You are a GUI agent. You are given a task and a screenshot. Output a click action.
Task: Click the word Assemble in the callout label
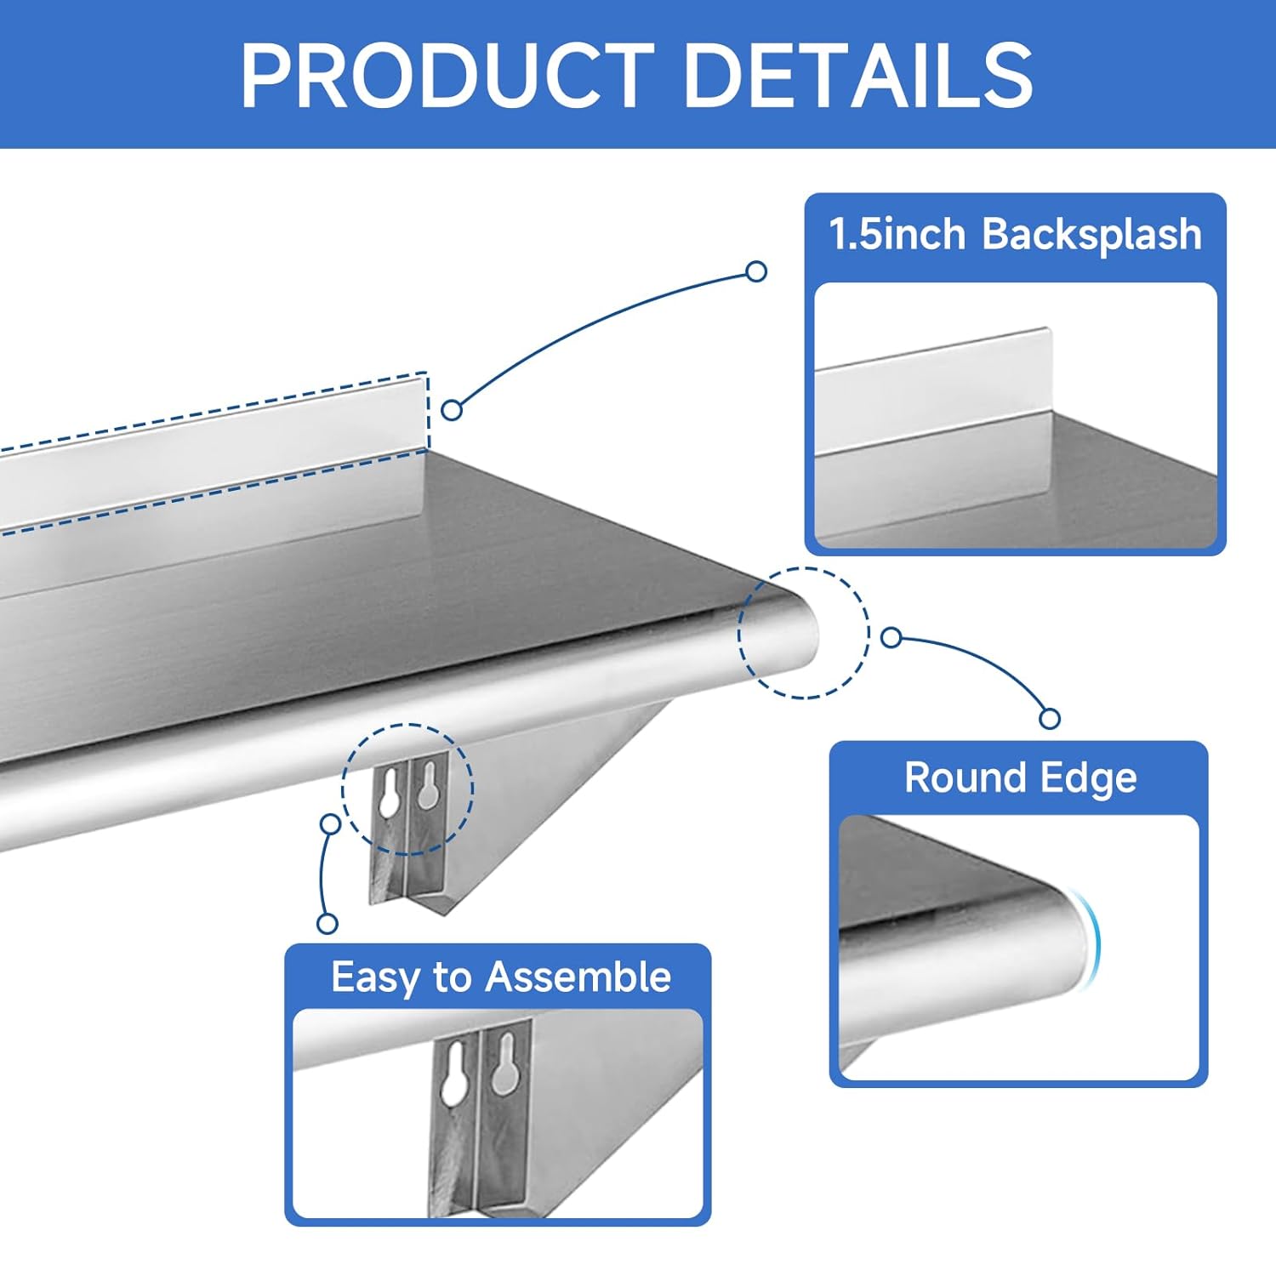point(578,977)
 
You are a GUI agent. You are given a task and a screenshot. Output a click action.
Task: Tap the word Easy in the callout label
point(377,978)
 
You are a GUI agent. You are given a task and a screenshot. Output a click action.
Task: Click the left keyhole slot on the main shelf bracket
point(390,791)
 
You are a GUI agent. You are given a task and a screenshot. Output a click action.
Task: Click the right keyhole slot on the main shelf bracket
point(427,784)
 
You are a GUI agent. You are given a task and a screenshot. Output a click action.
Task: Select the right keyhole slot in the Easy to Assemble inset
point(504,1063)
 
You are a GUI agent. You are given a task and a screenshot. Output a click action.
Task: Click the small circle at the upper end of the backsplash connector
point(755,271)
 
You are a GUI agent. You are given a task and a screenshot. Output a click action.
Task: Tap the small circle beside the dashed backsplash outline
point(452,410)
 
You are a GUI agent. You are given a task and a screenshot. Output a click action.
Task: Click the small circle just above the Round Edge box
point(1050,719)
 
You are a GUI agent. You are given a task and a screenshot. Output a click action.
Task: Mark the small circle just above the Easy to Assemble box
point(328,923)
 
